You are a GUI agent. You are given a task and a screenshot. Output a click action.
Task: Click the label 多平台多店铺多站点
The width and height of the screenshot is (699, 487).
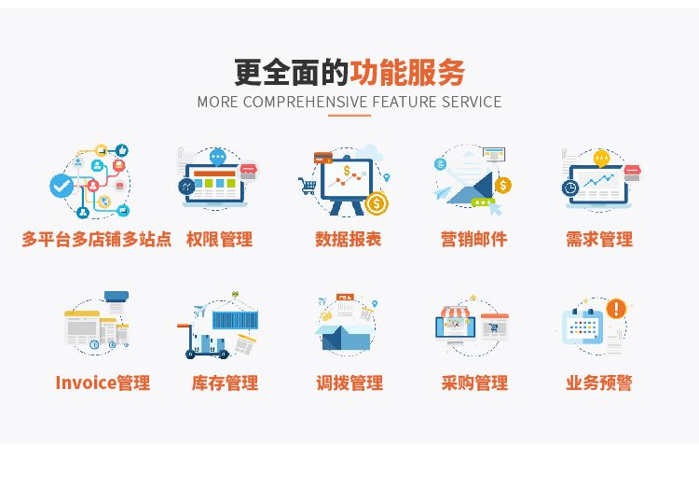coord(96,239)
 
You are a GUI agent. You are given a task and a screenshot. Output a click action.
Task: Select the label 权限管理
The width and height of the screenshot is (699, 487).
coord(219,239)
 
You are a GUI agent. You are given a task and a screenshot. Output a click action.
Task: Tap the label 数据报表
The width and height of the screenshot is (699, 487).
coord(349,239)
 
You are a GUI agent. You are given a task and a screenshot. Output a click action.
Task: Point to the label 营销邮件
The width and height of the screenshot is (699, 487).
coord(473,239)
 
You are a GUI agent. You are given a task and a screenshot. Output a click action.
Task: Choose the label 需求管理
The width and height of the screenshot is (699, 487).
coord(599,239)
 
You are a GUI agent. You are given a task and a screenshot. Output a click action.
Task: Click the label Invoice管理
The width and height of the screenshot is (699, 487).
coord(103,383)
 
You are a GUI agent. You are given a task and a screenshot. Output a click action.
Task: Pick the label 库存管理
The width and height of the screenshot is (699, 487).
coord(225,383)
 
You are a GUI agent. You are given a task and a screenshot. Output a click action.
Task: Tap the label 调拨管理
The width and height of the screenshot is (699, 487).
coord(349,383)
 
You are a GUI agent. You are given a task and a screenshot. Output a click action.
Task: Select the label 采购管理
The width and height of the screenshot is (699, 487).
coord(474,383)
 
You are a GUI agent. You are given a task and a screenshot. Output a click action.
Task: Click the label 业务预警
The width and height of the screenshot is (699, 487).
coord(599,383)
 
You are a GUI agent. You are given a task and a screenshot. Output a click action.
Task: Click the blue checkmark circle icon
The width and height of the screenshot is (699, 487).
coord(62,186)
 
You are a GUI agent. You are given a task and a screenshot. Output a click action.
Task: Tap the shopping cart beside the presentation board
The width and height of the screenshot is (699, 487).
coord(308,186)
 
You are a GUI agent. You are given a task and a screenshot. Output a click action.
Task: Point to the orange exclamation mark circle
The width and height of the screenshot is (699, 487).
coord(617,308)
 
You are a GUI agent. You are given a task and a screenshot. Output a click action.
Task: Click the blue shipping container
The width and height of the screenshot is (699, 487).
coord(235,320)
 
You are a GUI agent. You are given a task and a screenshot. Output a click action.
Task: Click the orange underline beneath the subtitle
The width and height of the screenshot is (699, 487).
coord(349,115)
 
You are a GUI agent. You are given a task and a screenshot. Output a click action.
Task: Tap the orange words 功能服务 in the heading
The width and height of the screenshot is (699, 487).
coord(407,73)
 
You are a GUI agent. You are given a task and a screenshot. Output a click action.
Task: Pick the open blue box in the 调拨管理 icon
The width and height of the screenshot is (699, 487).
coord(344,337)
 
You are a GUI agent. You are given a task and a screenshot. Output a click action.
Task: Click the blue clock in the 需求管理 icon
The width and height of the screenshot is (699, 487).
coord(570,188)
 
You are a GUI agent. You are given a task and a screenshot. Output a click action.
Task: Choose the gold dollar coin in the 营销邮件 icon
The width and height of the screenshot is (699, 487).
coord(503,185)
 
